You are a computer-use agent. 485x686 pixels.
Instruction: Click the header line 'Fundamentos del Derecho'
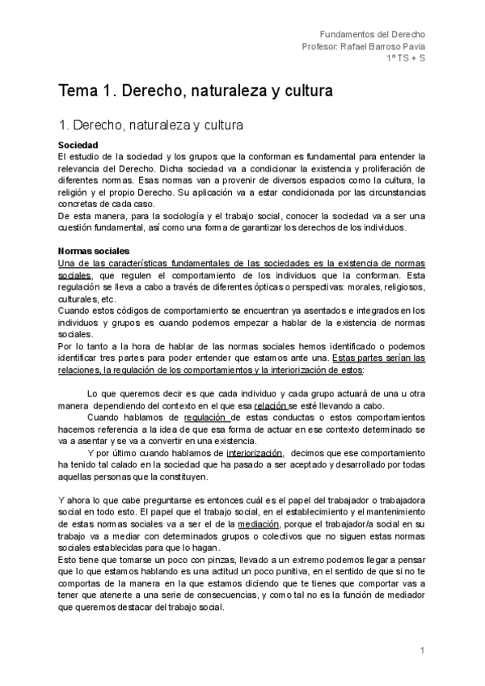point(373,35)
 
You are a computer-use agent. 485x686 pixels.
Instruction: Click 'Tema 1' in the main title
point(83,90)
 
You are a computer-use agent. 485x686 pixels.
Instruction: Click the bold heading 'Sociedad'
point(78,145)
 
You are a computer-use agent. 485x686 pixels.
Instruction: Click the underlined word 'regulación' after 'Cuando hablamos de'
point(208,417)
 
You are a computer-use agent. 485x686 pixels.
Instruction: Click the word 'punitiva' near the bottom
point(303,571)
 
